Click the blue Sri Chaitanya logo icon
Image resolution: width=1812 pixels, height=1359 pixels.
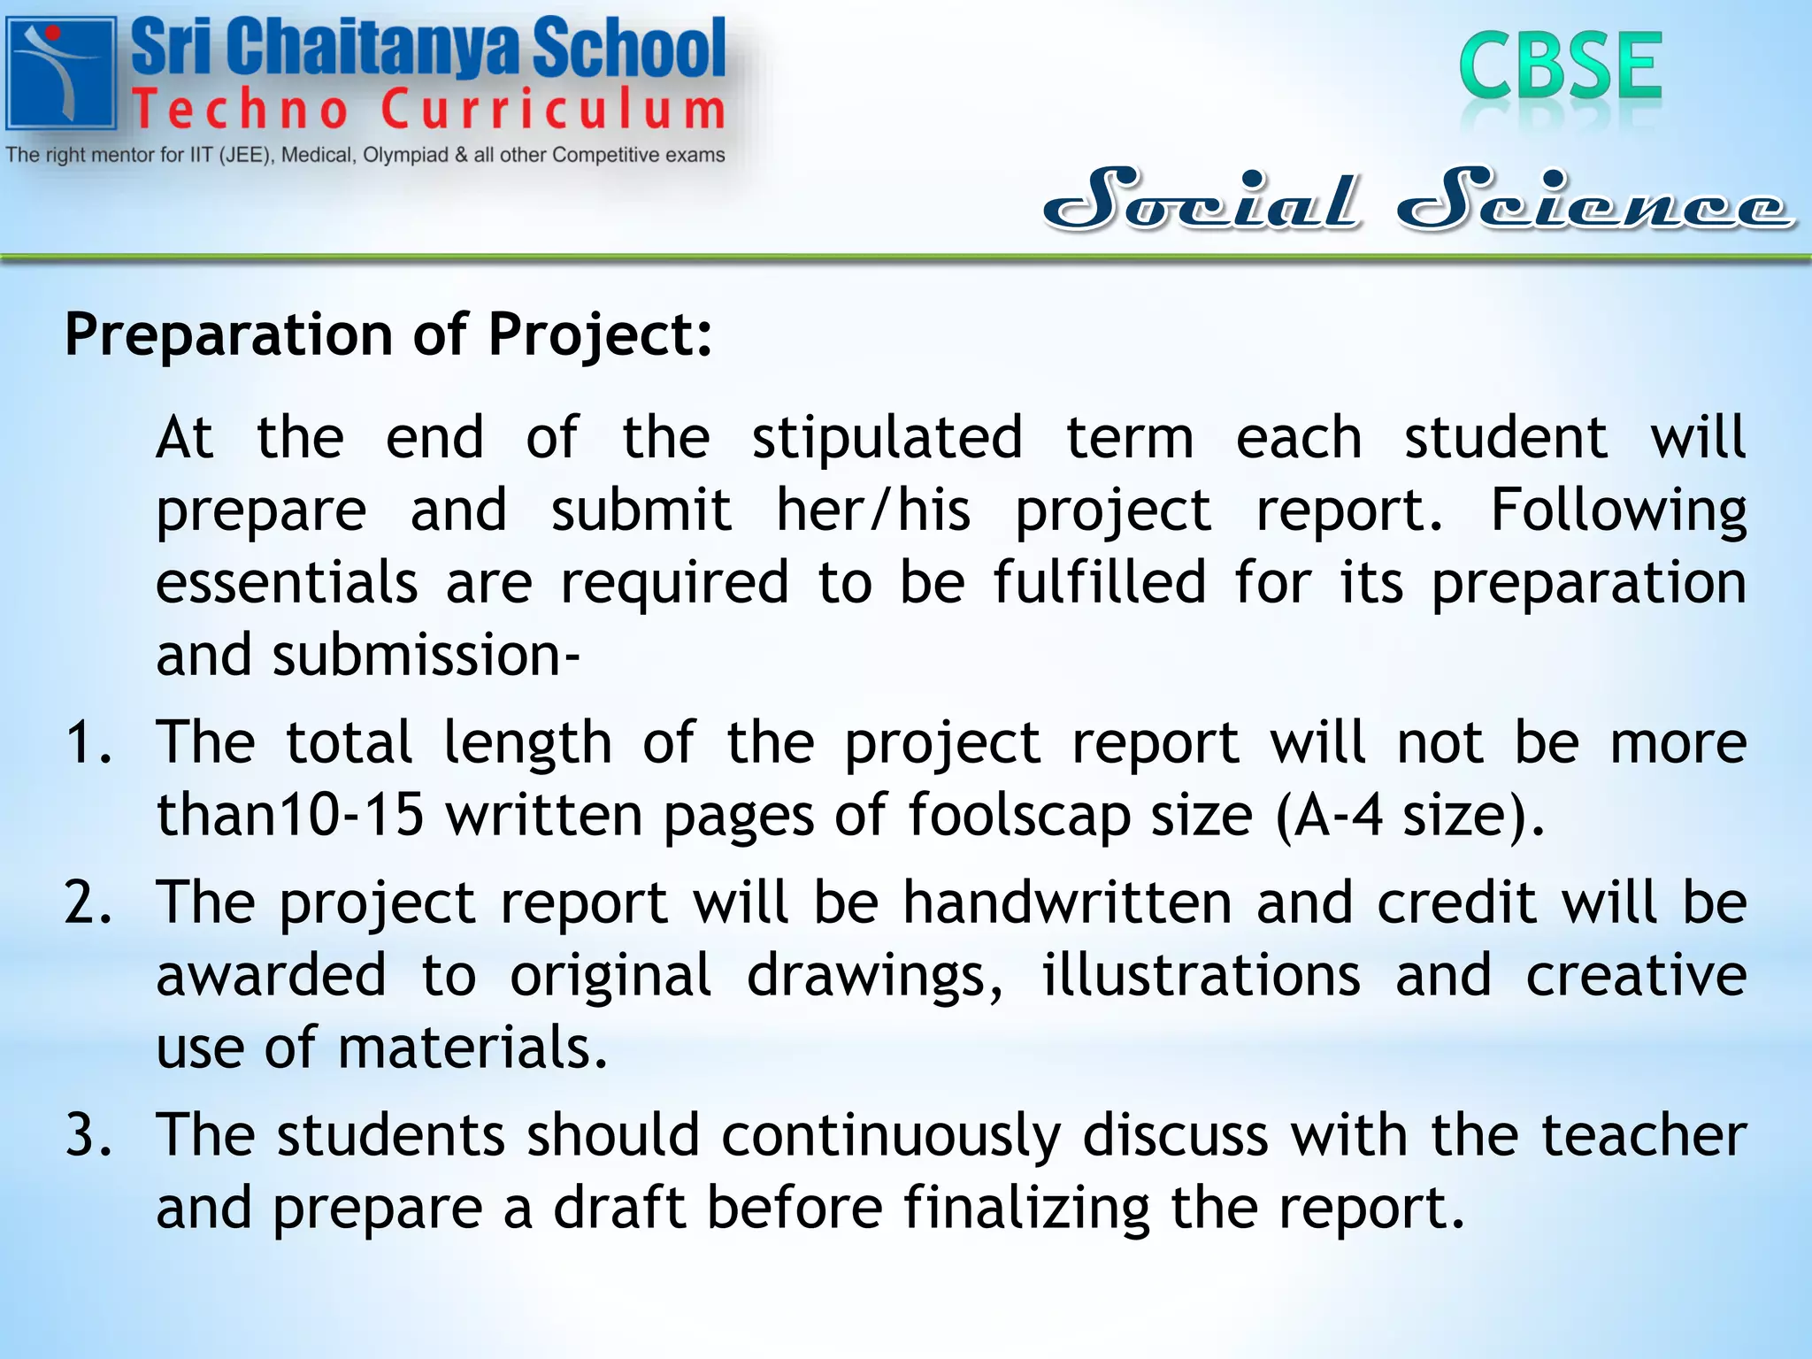[x=61, y=73]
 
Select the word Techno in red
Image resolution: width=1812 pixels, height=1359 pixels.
[x=240, y=110]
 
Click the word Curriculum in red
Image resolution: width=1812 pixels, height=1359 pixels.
[x=554, y=110]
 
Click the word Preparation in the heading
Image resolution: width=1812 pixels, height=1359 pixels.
[x=229, y=335]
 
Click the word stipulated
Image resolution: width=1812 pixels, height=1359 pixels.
[x=887, y=439]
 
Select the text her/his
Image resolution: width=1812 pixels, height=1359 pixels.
[x=873, y=511]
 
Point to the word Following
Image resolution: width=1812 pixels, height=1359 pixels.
[x=1618, y=511]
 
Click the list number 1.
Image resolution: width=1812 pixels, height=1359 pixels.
[x=88, y=741]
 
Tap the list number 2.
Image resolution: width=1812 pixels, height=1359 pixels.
[x=88, y=903]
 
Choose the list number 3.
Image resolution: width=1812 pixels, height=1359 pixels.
[x=88, y=1135]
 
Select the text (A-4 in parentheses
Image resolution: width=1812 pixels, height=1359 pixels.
[x=1329, y=815]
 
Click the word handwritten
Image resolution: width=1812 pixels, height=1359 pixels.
[x=1067, y=903]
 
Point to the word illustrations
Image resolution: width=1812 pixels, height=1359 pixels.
[x=1201, y=976]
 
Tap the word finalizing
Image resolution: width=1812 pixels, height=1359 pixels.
[x=1026, y=1208]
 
